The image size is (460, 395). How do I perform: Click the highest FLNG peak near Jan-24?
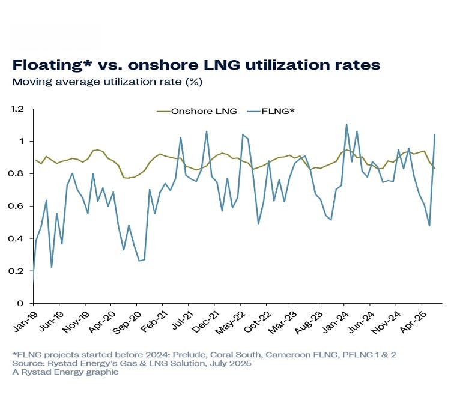tap(347, 124)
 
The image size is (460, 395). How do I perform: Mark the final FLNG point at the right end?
tap(435, 135)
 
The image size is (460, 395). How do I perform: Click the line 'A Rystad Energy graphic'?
tap(65, 372)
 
